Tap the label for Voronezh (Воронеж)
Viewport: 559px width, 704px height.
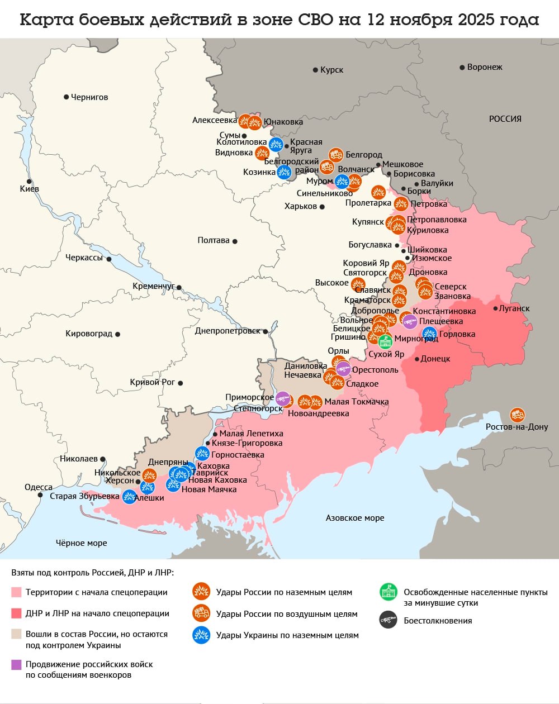[484, 67]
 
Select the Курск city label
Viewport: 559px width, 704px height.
[331, 70]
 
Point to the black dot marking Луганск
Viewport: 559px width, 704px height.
[495, 308]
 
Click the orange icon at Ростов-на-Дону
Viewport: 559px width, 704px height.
[517, 415]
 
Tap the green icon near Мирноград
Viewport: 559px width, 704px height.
[385, 341]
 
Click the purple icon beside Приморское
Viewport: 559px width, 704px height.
[283, 398]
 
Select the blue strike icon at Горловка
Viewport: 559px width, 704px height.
[429, 334]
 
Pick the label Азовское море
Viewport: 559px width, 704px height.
[355, 518]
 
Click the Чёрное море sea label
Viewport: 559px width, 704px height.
[81, 543]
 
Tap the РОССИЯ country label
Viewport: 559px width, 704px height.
[505, 118]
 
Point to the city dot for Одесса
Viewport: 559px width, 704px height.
[40, 495]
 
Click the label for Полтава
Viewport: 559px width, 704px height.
[214, 240]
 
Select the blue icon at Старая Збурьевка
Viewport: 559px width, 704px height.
[129, 496]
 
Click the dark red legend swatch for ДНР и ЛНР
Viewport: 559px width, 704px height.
[16, 613]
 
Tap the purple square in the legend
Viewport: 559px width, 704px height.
[16, 664]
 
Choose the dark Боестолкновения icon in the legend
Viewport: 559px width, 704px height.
[387, 620]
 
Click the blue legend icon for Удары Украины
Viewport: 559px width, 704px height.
[201, 635]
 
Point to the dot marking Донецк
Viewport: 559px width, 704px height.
[417, 359]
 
